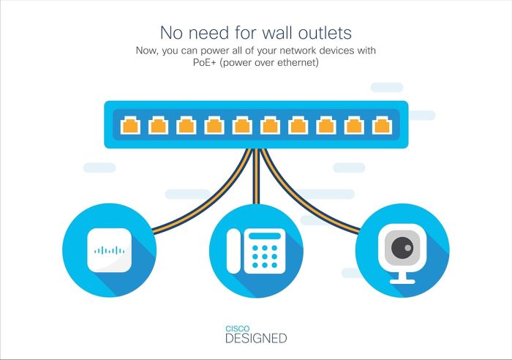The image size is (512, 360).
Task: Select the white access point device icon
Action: pos(110,250)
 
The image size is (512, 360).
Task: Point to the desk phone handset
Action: pos(233,251)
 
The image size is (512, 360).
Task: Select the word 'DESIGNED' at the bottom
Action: pos(255,339)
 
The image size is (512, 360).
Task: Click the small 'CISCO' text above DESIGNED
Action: pos(236,329)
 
